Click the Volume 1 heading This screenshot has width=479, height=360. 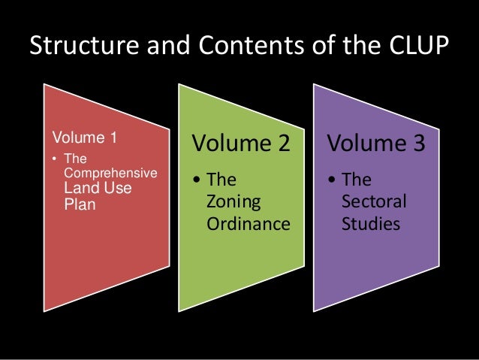(x=84, y=138)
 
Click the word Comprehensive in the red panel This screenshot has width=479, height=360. (x=111, y=174)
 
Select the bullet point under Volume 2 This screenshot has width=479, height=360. (x=196, y=181)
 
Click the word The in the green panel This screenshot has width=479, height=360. (x=221, y=181)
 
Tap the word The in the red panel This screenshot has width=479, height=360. (x=76, y=159)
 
